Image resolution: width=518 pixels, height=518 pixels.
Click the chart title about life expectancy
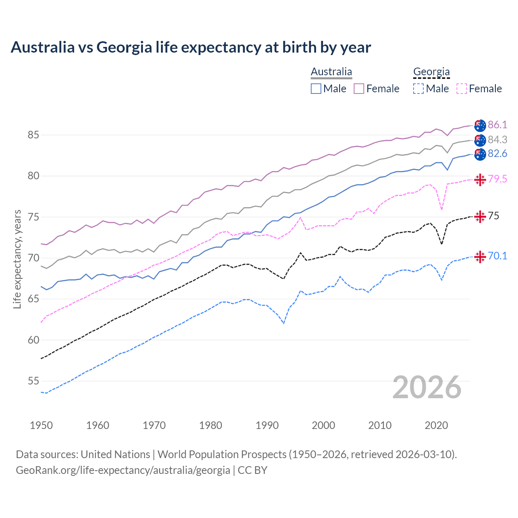pyautogui.click(x=191, y=47)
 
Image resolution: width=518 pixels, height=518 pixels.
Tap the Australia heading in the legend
pyautogui.click(x=331, y=72)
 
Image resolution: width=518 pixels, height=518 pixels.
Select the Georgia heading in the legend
pyautogui.click(x=431, y=72)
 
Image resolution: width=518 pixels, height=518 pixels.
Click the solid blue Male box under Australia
pyautogui.click(x=316, y=89)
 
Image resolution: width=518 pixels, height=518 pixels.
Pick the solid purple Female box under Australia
pyautogui.click(x=359, y=89)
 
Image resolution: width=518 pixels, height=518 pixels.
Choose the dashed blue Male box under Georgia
pyautogui.click(x=418, y=89)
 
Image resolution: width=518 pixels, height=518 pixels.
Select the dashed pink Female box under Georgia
pyautogui.click(x=461, y=89)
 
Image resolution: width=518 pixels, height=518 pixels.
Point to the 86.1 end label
pyautogui.click(x=497, y=125)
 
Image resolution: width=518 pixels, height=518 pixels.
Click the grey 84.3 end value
pyautogui.click(x=497, y=140)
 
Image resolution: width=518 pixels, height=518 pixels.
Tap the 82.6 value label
pyautogui.click(x=497, y=154)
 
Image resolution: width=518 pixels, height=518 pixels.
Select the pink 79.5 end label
pyautogui.click(x=497, y=179)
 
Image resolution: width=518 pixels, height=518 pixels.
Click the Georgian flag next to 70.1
pyautogui.click(x=480, y=257)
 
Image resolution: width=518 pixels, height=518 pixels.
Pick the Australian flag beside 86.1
pyautogui.click(x=480, y=125)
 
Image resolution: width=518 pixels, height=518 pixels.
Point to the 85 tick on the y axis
pyautogui.click(x=33, y=135)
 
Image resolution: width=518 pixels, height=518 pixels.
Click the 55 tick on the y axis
pyautogui.click(x=33, y=381)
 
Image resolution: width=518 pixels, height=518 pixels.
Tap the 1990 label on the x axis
pyautogui.click(x=267, y=425)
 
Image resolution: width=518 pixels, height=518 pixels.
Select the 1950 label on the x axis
pyautogui.click(x=41, y=425)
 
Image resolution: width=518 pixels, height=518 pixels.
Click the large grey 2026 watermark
pyautogui.click(x=427, y=387)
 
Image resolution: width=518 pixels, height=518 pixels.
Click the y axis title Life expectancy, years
pyautogui.click(x=17, y=259)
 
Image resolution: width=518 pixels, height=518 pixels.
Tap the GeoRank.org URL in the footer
pyautogui.click(x=123, y=470)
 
